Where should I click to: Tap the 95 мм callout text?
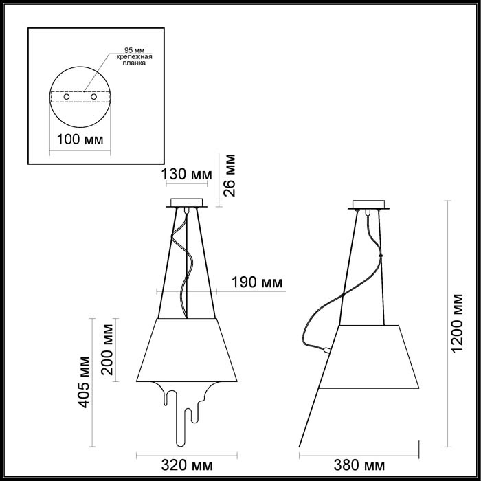[x=126, y=49]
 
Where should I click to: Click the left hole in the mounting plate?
[x=67, y=98]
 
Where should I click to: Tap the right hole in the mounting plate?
[x=94, y=98]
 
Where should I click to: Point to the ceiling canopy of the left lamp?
[x=186, y=204]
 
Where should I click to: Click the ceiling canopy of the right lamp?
[x=369, y=205]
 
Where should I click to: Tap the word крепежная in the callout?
[x=126, y=56]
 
